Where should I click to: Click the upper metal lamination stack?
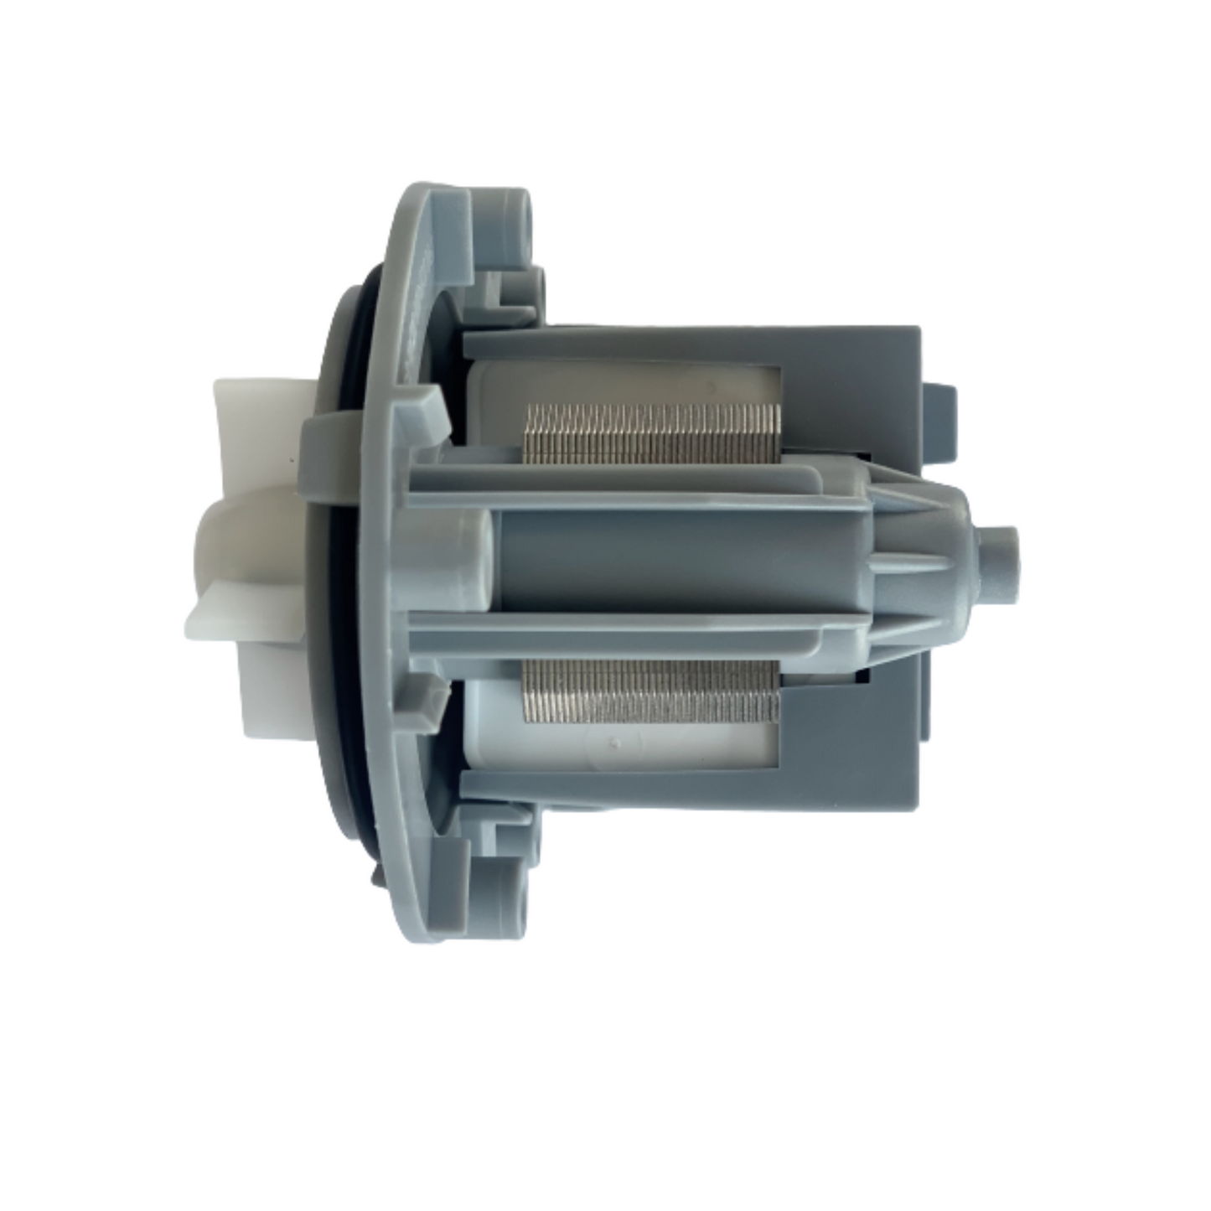[x=649, y=434]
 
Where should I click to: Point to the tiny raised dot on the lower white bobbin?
[x=616, y=743]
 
